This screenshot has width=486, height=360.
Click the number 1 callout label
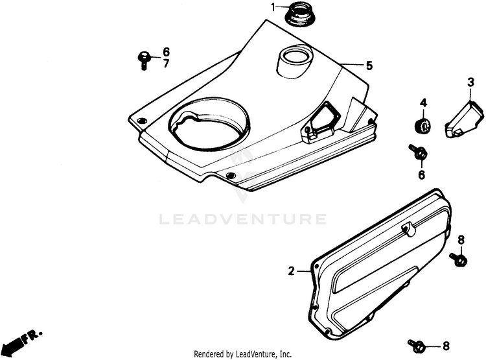[x=273, y=7]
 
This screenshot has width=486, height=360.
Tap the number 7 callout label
[x=166, y=64]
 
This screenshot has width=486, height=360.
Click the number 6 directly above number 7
[x=166, y=51]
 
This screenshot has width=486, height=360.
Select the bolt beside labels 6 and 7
[x=144, y=60]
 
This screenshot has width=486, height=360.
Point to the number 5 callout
[x=369, y=66]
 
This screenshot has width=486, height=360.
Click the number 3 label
[x=470, y=82]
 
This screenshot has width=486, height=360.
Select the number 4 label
[x=422, y=103]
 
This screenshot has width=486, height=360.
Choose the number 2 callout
[x=292, y=270]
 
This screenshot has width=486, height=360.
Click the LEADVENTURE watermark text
[x=243, y=219]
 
